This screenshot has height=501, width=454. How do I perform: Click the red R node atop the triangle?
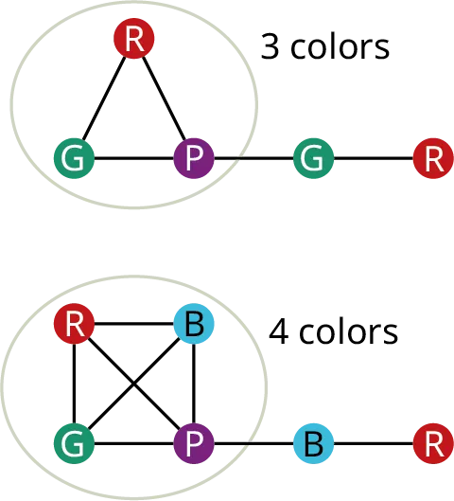click(x=135, y=39)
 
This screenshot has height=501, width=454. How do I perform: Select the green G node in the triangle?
click(x=75, y=158)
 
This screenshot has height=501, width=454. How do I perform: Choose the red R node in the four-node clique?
click(x=75, y=326)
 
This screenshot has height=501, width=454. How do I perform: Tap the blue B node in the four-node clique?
click(x=195, y=326)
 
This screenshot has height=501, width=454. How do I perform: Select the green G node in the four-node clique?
click(x=75, y=442)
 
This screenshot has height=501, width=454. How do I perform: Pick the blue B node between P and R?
click(x=314, y=442)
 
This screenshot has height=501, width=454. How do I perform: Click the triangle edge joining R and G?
click(x=104, y=99)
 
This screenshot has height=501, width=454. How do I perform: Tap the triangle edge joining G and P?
click(x=134, y=159)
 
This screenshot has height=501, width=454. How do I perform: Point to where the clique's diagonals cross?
click(x=135, y=385)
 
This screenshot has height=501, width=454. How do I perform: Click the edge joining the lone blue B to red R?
click(x=374, y=442)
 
